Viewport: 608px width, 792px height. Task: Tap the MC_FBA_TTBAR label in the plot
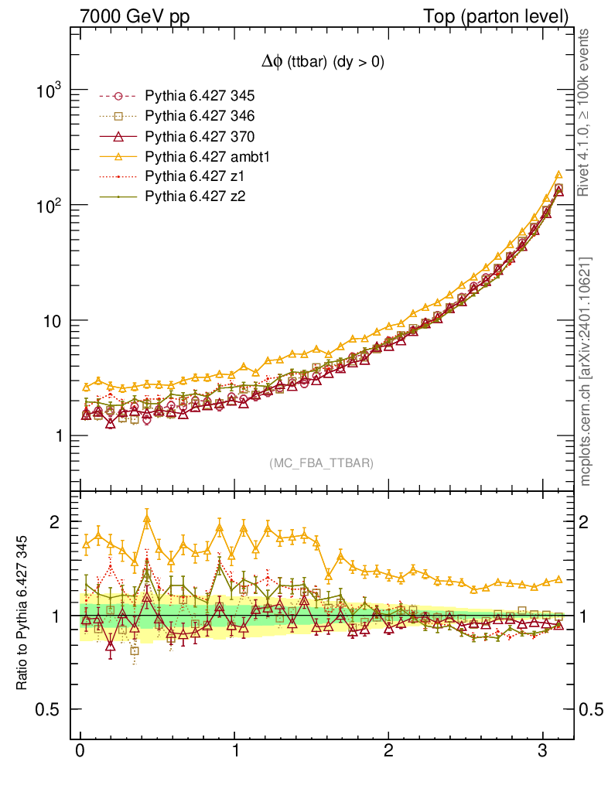(x=321, y=463)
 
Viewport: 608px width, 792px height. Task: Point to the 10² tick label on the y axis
(x=50, y=206)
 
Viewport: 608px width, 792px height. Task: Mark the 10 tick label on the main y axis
(x=53, y=321)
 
